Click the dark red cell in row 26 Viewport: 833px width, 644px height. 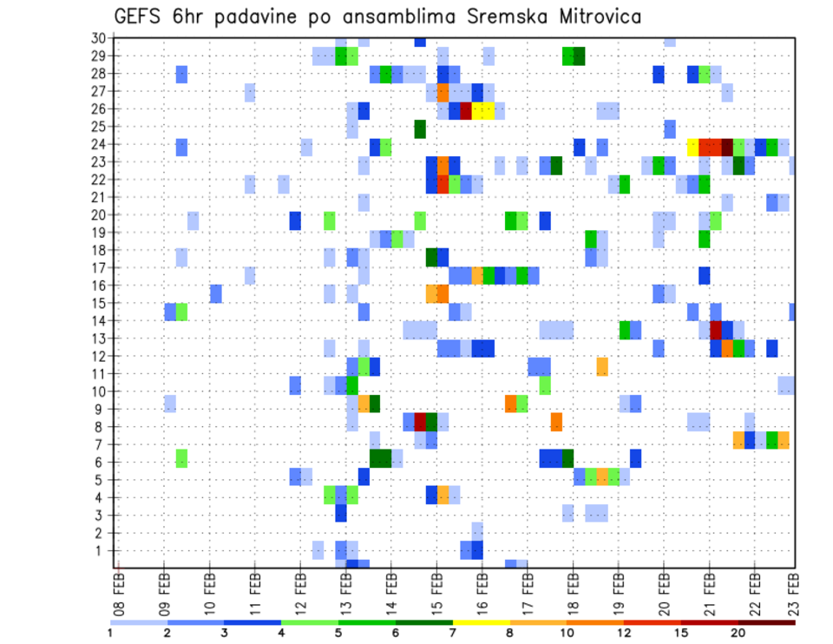[x=466, y=110]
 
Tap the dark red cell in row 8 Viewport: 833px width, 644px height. [x=421, y=422]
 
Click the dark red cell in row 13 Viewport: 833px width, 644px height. [x=716, y=330]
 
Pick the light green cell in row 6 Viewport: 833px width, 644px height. [x=182, y=457]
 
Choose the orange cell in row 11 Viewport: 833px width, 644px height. [x=602, y=366]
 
